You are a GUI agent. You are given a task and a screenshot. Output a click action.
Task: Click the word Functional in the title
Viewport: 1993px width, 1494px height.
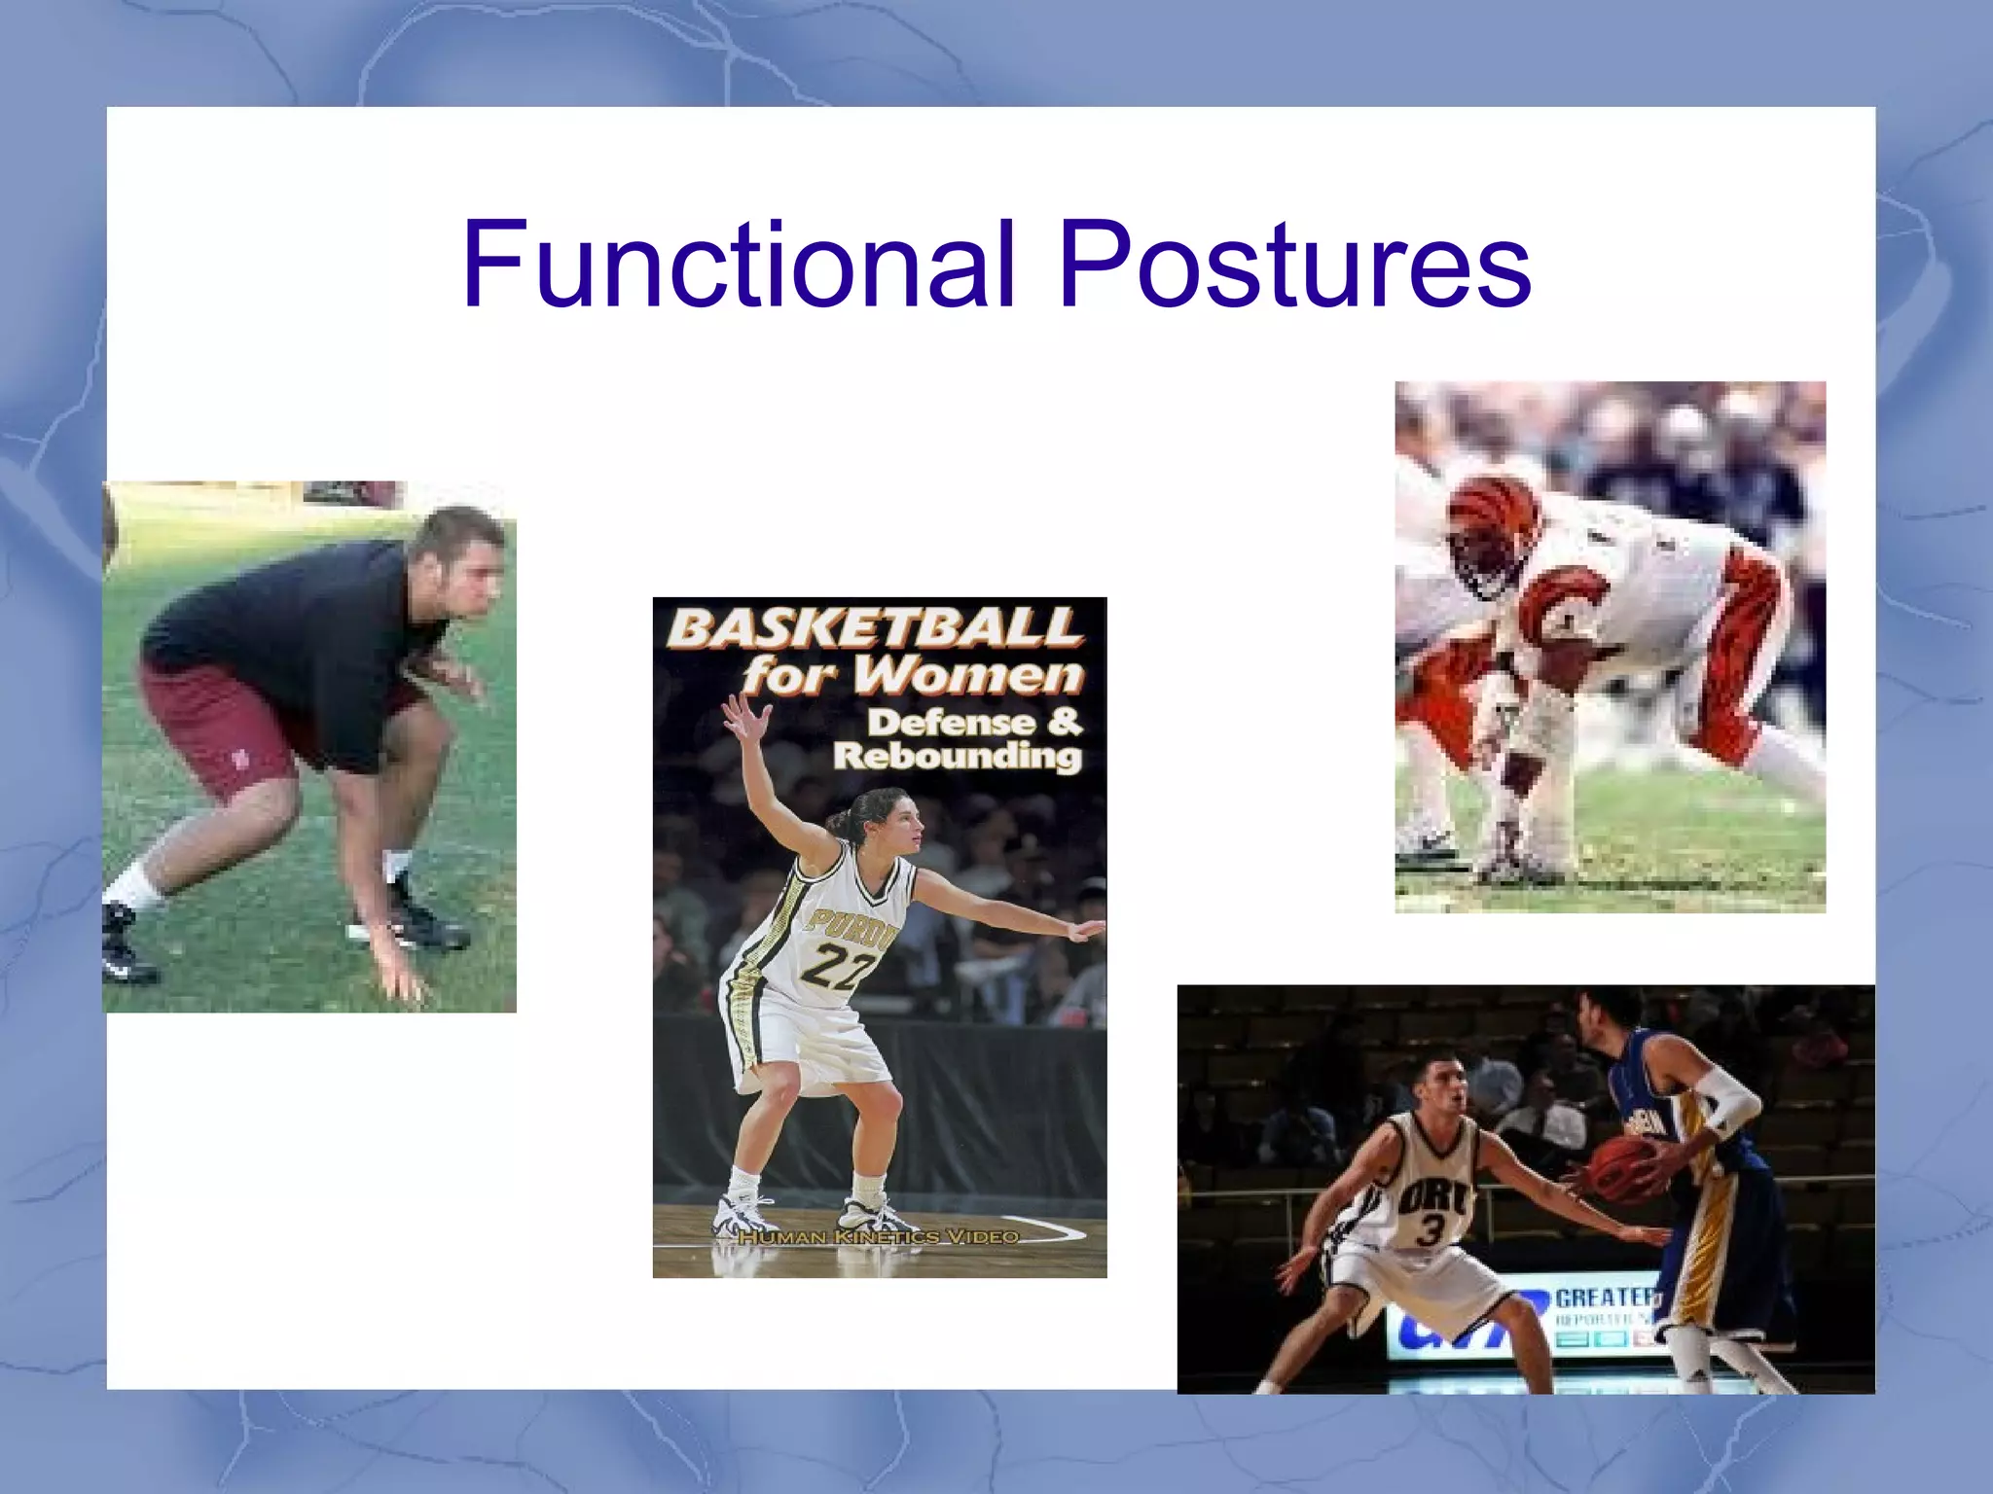click(x=740, y=265)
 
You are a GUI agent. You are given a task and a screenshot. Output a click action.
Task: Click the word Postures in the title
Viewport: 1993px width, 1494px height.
click(x=1294, y=265)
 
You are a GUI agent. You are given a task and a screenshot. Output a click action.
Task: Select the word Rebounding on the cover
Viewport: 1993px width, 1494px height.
click(x=957, y=757)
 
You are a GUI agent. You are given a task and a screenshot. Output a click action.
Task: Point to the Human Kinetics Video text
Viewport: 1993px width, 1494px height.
click(x=878, y=1237)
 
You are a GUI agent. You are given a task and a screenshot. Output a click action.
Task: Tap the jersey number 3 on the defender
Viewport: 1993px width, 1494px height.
click(x=1429, y=1230)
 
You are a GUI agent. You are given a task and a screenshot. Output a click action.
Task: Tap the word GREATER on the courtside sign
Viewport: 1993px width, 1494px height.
click(x=1606, y=1297)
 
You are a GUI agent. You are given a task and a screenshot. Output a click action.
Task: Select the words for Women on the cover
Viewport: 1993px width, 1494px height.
click(x=912, y=675)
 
